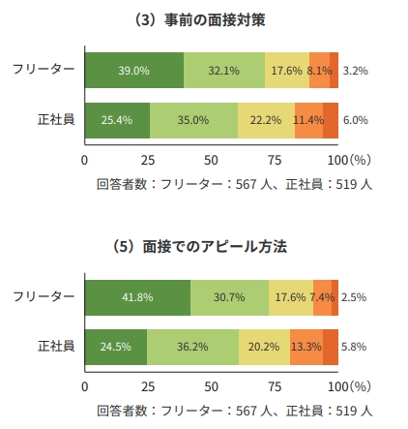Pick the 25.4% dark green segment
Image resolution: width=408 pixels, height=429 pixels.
[117, 120]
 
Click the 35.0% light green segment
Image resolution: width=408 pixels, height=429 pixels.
[193, 120]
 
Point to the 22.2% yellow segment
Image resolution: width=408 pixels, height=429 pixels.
[266, 120]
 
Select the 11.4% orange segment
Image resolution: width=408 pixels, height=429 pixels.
[308, 120]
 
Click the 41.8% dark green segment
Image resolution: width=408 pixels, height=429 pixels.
[137, 297]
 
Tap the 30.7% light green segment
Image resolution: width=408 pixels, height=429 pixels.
[229, 297]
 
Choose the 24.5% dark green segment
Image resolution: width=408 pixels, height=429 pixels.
[116, 346]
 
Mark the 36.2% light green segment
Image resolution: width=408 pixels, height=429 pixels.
[192, 346]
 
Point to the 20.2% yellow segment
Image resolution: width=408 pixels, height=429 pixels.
[264, 346]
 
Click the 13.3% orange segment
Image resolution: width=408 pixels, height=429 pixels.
[306, 346]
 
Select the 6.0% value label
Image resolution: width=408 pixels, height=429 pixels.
[355, 120]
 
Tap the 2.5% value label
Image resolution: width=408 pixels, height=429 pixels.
[354, 297]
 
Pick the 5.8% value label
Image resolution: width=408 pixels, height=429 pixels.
[355, 346]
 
